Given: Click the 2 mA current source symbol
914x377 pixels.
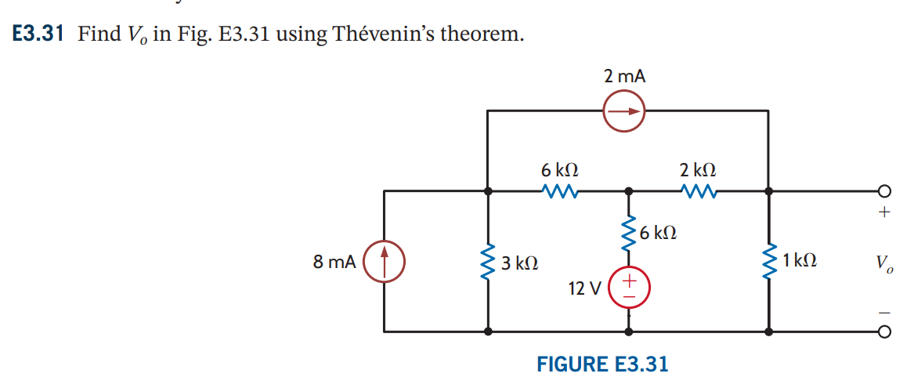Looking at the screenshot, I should pyautogui.click(x=623, y=111).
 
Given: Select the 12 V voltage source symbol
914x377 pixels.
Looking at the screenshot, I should pyautogui.click(x=628, y=288).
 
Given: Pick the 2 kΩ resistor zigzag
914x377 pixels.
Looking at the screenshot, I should pyautogui.click(x=697, y=190).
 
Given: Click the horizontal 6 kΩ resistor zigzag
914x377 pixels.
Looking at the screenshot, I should pyautogui.click(x=559, y=190).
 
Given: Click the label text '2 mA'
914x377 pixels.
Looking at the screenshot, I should pyautogui.click(x=624, y=76).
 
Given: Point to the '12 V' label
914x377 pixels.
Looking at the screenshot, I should pyautogui.click(x=584, y=288).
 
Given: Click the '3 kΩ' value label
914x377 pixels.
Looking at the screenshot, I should pyautogui.click(x=519, y=263).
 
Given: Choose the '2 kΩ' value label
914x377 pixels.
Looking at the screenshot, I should pyautogui.click(x=697, y=170).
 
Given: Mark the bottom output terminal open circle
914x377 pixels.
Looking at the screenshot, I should pyautogui.click(x=883, y=332).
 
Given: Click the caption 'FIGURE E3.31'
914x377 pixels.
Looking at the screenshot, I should pyautogui.click(x=602, y=364).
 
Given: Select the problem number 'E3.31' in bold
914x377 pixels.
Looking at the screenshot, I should pyautogui.click(x=38, y=34).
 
